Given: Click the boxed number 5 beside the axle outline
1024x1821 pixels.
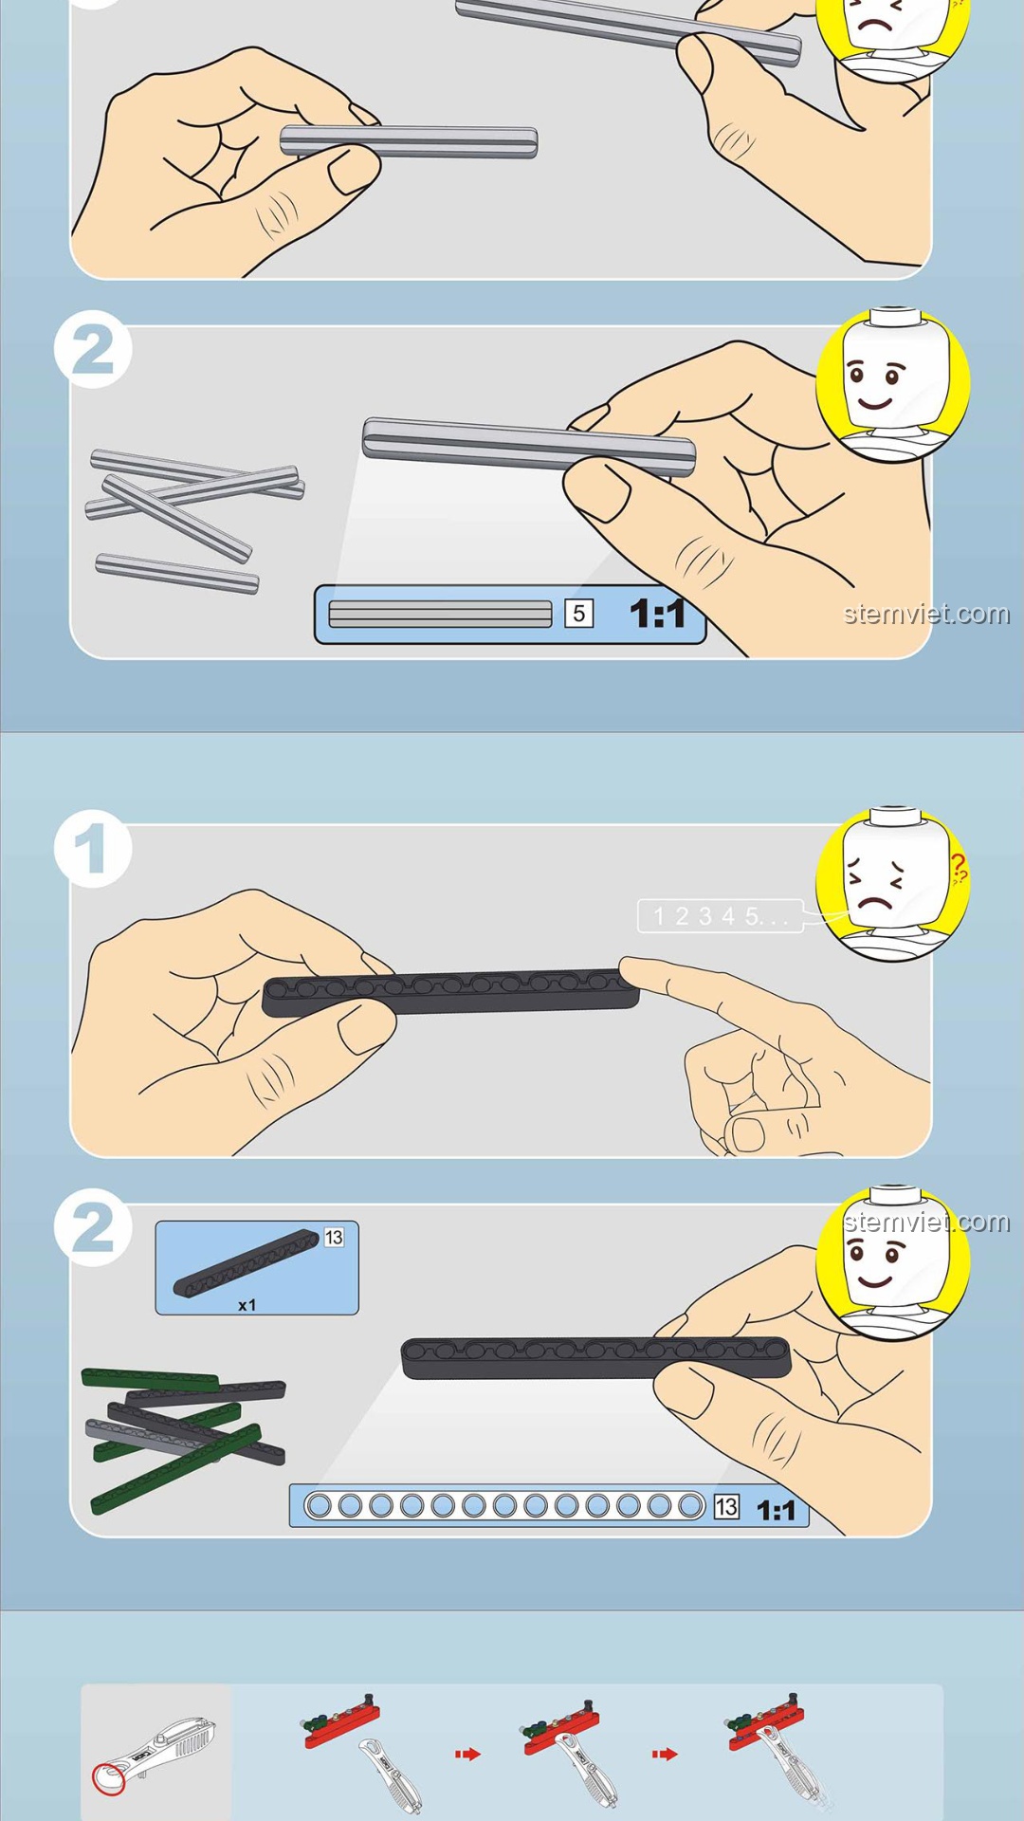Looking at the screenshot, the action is pyautogui.click(x=578, y=614).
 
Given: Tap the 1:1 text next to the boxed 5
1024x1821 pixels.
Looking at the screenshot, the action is pyautogui.click(x=658, y=614).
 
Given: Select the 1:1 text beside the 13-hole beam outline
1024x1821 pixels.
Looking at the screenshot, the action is pyautogui.click(x=776, y=1510).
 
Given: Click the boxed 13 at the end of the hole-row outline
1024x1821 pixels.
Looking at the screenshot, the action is pyautogui.click(x=726, y=1506).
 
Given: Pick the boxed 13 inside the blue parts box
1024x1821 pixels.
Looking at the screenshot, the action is pyautogui.click(x=334, y=1237).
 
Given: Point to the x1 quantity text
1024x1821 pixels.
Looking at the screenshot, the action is pyautogui.click(x=247, y=1305).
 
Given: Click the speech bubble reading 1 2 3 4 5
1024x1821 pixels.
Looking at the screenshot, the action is pyautogui.click(x=721, y=916).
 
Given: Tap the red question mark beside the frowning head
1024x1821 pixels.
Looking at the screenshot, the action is pyautogui.click(x=960, y=867).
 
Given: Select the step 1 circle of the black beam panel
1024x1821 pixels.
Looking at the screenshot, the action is pyautogui.click(x=92, y=849).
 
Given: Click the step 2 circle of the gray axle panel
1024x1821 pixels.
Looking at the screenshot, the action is pyautogui.click(x=92, y=349).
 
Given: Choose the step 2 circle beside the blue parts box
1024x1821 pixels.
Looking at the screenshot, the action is pyautogui.click(x=92, y=1227).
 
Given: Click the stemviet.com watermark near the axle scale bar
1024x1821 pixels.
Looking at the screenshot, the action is pyautogui.click(x=926, y=614).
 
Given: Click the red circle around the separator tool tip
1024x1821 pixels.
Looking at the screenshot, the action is pyautogui.click(x=108, y=1778).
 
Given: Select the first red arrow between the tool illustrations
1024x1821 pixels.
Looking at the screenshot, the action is pyautogui.click(x=468, y=1754).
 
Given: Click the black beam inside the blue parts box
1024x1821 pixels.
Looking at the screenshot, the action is pyautogui.click(x=247, y=1263).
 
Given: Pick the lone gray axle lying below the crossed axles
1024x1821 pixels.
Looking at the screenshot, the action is pyautogui.click(x=177, y=573).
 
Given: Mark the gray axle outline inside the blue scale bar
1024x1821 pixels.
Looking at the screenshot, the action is pyautogui.click(x=440, y=614).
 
